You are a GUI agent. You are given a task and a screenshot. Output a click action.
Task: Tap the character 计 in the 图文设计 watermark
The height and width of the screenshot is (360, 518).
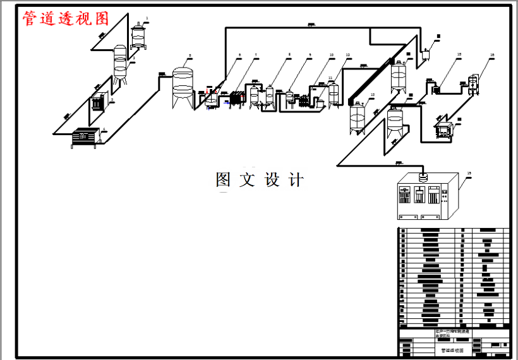295,180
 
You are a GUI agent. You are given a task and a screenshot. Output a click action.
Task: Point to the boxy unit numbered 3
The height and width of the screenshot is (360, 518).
97,102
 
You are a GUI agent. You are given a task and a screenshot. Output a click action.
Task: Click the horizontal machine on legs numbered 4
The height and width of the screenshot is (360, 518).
85,136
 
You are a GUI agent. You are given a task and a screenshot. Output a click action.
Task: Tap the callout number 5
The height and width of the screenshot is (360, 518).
190,56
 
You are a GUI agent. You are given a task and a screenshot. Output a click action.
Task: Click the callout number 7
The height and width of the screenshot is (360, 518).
256,56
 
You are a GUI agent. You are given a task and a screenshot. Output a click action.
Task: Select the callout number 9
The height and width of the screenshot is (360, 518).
310,56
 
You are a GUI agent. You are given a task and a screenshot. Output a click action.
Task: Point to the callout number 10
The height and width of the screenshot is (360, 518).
331,56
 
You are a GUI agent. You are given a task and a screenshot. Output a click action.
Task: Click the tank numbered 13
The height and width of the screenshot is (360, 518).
358,117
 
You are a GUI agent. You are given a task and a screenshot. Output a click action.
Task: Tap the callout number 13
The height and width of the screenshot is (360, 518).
373,95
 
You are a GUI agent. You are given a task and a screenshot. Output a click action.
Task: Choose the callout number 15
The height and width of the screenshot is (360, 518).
459,55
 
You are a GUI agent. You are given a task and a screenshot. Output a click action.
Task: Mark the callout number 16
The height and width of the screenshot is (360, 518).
491,56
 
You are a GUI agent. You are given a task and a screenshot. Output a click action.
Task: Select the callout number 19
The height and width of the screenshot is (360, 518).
469,172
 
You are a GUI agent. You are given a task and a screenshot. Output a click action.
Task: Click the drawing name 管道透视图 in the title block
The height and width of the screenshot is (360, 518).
452,349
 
